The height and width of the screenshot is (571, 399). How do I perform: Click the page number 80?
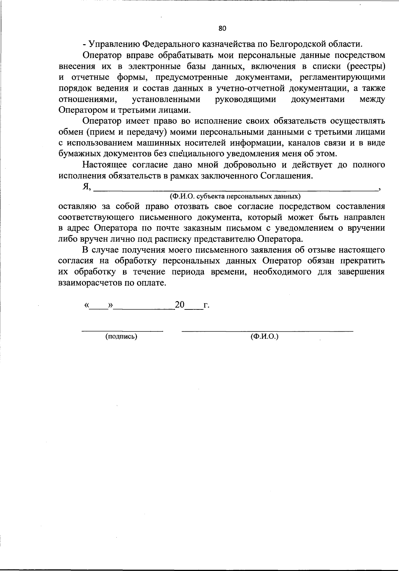click(x=223, y=28)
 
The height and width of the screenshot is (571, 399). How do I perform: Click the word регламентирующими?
click(x=342, y=77)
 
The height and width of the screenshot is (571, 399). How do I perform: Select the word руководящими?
click(x=245, y=99)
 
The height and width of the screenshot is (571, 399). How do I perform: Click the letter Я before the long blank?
click(x=86, y=187)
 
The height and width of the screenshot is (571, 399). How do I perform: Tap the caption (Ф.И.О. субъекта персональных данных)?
click(x=235, y=196)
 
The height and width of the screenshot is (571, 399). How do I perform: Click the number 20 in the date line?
click(x=180, y=305)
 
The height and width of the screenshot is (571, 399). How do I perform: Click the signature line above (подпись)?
click(x=122, y=330)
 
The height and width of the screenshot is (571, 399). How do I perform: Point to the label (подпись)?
click(x=121, y=337)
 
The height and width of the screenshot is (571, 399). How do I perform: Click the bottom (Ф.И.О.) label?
click(x=264, y=337)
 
